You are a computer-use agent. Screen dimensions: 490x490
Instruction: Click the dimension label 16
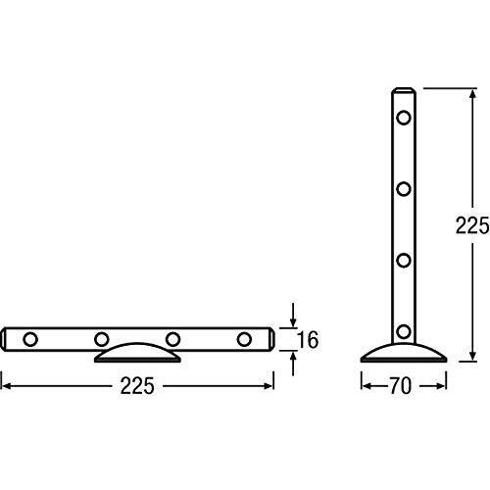tap(307, 340)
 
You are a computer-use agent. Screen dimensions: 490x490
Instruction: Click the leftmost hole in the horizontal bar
tap(30, 339)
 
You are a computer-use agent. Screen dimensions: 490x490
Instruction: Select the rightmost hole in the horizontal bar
tap(244, 339)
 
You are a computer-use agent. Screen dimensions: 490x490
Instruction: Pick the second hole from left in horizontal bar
tap(102, 339)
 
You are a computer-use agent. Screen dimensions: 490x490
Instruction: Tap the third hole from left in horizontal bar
tap(173, 339)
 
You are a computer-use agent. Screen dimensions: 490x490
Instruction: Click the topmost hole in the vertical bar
tap(403, 118)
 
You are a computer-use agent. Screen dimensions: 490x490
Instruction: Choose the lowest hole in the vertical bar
tap(403, 330)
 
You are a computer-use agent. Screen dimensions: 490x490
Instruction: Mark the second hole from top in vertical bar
tap(403, 188)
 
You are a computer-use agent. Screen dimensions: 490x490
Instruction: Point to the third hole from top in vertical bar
tap(403, 260)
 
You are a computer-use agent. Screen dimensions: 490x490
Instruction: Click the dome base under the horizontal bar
tap(137, 354)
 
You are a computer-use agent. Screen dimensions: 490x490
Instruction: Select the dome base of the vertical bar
tap(402, 351)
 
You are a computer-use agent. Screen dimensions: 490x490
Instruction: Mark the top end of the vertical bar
tap(403, 91)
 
